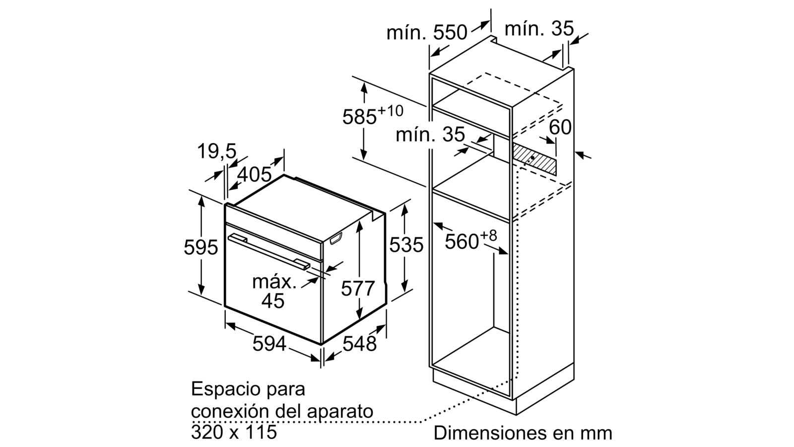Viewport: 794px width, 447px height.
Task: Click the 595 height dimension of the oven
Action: (x=200, y=247)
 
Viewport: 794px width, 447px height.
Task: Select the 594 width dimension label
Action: (x=269, y=344)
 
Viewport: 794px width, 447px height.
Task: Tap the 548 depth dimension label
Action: (x=359, y=344)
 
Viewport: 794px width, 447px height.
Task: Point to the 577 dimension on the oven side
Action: (x=358, y=288)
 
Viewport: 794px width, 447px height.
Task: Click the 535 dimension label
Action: (x=406, y=244)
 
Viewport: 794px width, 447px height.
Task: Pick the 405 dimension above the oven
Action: (x=254, y=174)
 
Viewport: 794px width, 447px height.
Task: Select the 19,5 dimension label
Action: (x=216, y=151)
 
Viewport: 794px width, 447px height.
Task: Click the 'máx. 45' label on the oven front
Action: (x=273, y=292)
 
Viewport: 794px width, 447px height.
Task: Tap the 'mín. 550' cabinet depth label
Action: (x=427, y=33)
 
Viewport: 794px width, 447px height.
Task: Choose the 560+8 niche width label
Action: (x=471, y=240)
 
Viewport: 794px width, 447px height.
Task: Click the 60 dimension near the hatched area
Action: (x=560, y=127)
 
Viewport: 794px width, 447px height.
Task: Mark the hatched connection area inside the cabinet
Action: (x=534, y=159)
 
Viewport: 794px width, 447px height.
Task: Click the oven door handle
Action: (x=268, y=252)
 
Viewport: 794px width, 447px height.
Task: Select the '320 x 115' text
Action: (x=234, y=432)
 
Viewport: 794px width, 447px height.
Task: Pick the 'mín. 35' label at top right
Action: (x=539, y=28)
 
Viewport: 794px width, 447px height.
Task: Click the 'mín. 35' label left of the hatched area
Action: (x=430, y=135)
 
